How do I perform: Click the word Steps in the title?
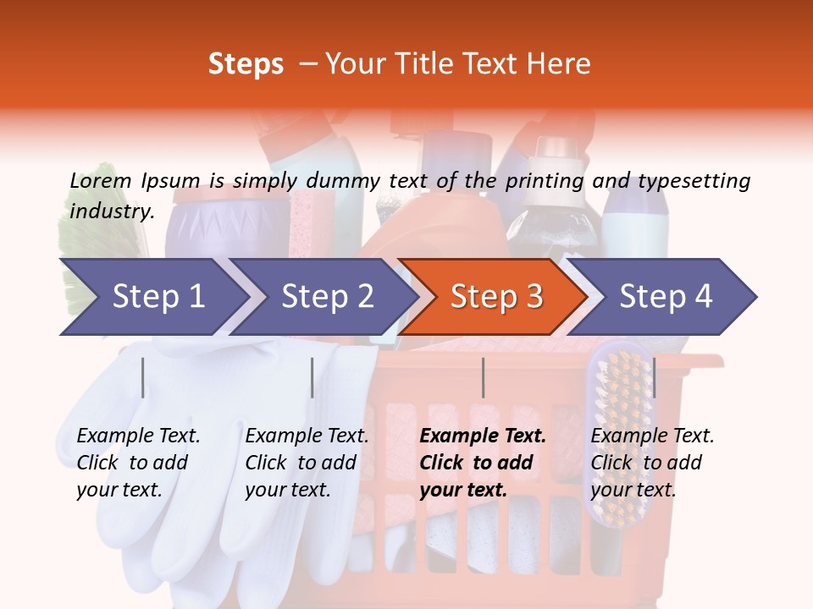(246, 63)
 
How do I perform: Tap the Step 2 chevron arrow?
(326, 297)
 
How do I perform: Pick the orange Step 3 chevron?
(495, 297)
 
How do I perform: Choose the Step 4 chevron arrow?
(665, 297)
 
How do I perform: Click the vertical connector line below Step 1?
(143, 377)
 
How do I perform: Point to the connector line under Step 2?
(312, 377)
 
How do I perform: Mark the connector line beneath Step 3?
(483, 377)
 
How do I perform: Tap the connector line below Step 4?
(654, 377)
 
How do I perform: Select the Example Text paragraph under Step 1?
(138, 463)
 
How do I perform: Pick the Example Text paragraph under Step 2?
(307, 463)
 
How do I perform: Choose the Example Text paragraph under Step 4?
(652, 463)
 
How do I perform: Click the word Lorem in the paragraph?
(100, 180)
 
